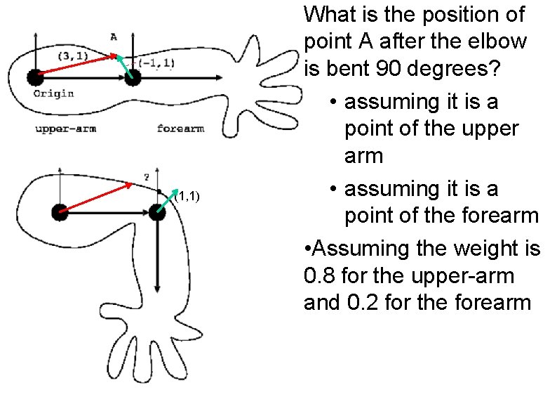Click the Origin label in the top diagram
(x=53, y=93)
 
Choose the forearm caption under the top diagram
(x=180, y=129)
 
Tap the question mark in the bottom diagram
(x=146, y=178)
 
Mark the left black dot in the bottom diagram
(x=60, y=211)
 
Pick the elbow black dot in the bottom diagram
(x=157, y=211)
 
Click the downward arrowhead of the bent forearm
(x=157, y=288)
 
